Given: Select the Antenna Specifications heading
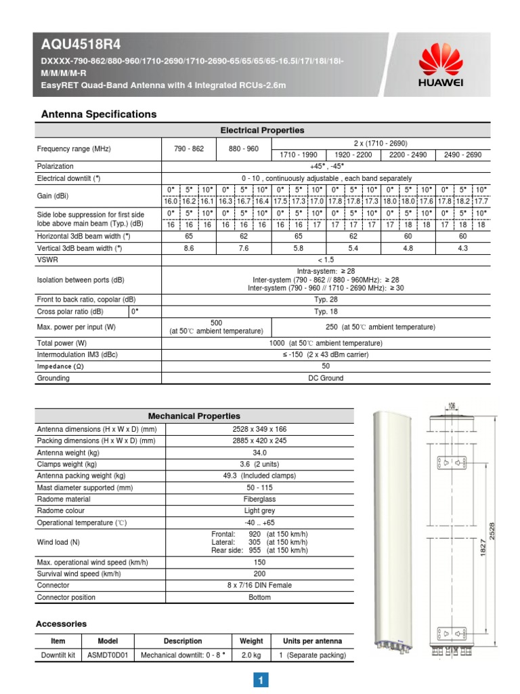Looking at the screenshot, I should click(x=100, y=114).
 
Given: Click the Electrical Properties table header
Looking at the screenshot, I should click(x=262, y=130).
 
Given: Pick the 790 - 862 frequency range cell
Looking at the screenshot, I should click(x=189, y=148).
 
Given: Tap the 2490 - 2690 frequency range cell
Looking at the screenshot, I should click(x=462, y=155).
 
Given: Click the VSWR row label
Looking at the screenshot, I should click(x=46, y=260).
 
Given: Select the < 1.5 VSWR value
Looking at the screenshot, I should click(x=326, y=260).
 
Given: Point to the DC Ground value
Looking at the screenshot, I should click(x=326, y=378).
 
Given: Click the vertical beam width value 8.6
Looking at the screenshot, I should click(x=189, y=249).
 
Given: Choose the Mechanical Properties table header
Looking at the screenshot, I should click(x=194, y=415).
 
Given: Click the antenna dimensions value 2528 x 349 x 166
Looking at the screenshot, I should click(x=259, y=428).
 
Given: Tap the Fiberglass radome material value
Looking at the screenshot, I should click(x=259, y=499).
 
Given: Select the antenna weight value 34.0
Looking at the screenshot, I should click(x=259, y=452).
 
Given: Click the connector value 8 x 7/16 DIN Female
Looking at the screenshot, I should click(x=259, y=585).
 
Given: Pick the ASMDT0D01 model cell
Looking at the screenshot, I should click(x=108, y=655).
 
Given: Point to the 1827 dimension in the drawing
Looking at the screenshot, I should click(x=483, y=544).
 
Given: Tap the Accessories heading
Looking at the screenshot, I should click(x=61, y=624).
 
